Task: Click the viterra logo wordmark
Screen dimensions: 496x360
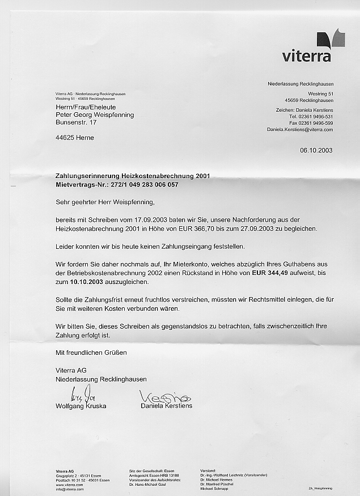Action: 306,56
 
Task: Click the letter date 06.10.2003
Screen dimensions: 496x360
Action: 316,150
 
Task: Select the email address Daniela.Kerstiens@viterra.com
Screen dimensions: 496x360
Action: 300,130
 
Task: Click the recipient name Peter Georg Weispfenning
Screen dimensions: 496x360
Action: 95,115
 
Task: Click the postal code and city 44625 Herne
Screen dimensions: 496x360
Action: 75,138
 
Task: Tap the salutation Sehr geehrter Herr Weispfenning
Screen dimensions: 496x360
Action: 105,201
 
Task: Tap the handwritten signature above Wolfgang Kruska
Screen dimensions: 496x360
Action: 82,393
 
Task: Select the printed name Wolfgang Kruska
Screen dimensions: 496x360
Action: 81,406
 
